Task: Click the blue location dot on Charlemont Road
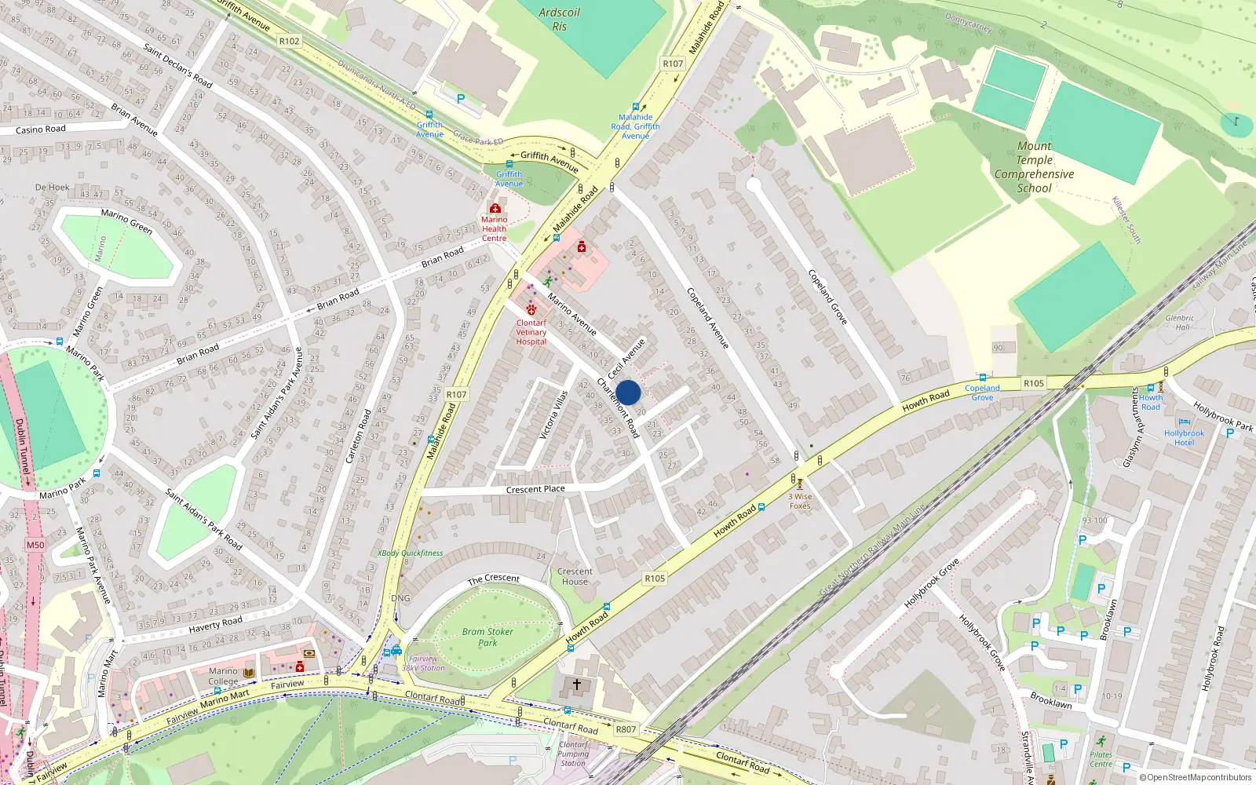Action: pyautogui.click(x=628, y=392)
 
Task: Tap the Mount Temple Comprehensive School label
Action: pyautogui.click(x=1034, y=167)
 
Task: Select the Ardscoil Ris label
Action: pyautogui.click(x=559, y=20)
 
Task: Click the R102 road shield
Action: pyautogui.click(x=289, y=41)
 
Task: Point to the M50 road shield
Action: pyautogui.click(x=35, y=545)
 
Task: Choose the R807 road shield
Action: pyautogui.click(x=626, y=729)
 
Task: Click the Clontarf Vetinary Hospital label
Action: pyautogui.click(x=531, y=332)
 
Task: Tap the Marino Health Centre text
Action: pyautogui.click(x=495, y=229)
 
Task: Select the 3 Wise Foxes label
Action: pyautogui.click(x=800, y=501)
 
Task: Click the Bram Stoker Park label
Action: pyautogui.click(x=487, y=637)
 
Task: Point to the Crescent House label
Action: pyautogui.click(x=575, y=576)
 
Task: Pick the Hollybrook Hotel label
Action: pyautogui.click(x=1184, y=437)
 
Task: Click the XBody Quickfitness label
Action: pyautogui.click(x=411, y=553)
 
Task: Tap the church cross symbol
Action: pyautogui.click(x=577, y=685)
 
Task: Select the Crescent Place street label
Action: pyautogui.click(x=535, y=489)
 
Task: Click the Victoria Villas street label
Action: pyautogui.click(x=553, y=414)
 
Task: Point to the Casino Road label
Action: pyautogui.click(x=41, y=130)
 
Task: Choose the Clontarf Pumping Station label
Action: pyautogui.click(x=573, y=754)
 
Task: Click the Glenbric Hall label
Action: pyautogui.click(x=1180, y=322)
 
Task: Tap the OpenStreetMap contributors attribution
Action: pyautogui.click(x=1195, y=777)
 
